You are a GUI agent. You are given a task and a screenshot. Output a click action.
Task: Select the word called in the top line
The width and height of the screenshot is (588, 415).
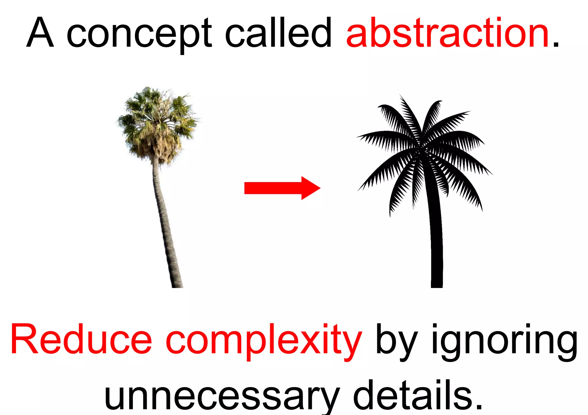[278, 32]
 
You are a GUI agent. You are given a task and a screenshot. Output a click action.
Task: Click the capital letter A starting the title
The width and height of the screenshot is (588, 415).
[40, 32]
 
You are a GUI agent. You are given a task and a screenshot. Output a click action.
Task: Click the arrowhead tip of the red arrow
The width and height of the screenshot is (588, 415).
[319, 188]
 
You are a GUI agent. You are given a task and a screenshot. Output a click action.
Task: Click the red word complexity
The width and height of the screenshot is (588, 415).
[264, 341]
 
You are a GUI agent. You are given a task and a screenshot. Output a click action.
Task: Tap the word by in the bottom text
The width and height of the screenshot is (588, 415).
[396, 341]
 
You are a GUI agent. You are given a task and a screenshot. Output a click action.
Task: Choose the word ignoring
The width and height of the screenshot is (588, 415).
[504, 341]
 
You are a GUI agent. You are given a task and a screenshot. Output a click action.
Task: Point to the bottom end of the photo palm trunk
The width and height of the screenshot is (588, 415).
[177, 285]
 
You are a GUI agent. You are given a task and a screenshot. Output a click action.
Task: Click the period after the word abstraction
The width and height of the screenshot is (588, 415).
[556, 44]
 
